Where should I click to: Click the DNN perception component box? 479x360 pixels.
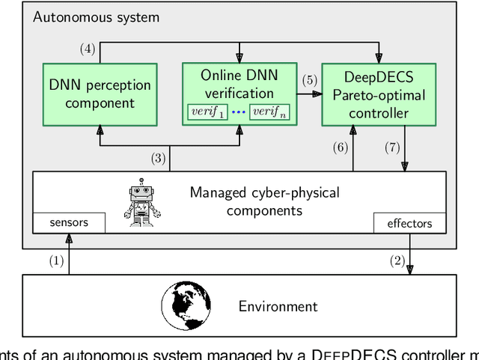point(99,94)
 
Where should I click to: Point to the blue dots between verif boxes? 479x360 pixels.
point(239,112)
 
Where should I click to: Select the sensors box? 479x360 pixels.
point(69,222)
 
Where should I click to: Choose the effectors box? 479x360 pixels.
point(409,222)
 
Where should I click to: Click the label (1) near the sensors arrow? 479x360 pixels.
point(57,261)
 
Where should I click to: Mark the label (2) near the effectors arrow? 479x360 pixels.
point(397,261)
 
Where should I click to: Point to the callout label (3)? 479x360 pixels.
point(157,158)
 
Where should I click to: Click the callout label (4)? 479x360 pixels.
point(88,49)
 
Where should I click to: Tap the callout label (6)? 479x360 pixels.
point(341,147)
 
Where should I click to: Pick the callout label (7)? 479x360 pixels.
point(391,147)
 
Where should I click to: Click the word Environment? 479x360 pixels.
point(278,306)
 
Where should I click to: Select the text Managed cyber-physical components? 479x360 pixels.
point(264,201)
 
